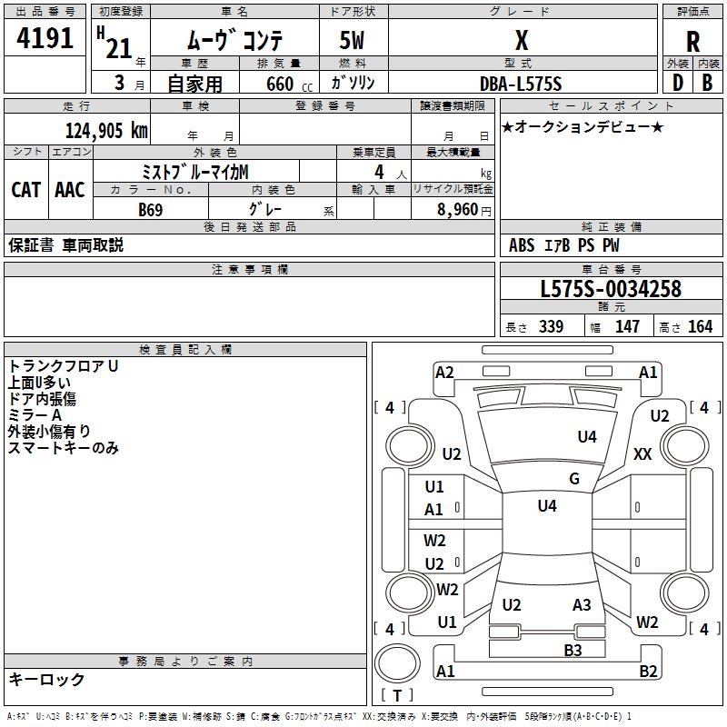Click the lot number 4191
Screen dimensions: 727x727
(x=45, y=38)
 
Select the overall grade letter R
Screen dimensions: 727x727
(x=692, y=42)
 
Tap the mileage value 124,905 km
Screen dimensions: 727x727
(x=106, y=130)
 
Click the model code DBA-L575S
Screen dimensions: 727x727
(x=520, y=84)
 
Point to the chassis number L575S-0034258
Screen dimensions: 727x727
(x=610, y=290)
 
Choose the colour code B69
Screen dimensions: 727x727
(x=151, y=210)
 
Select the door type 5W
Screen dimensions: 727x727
(x=354, y=42)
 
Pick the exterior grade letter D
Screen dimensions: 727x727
(x=677, y=83)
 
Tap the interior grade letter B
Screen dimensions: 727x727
(x=707, y=83)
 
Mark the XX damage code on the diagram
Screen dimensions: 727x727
(x=642, y=453)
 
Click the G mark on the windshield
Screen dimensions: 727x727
(x=574, y=479)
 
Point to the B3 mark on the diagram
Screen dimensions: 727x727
(x=573, y=650)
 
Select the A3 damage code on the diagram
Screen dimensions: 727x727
(x=582, y=605)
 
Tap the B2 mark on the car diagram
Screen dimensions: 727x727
(x=648, y=672)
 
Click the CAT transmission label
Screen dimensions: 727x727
(x=26, y=189)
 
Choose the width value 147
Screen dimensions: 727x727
(x=627, y=326)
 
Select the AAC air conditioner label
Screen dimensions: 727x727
(x=70, y=189)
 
